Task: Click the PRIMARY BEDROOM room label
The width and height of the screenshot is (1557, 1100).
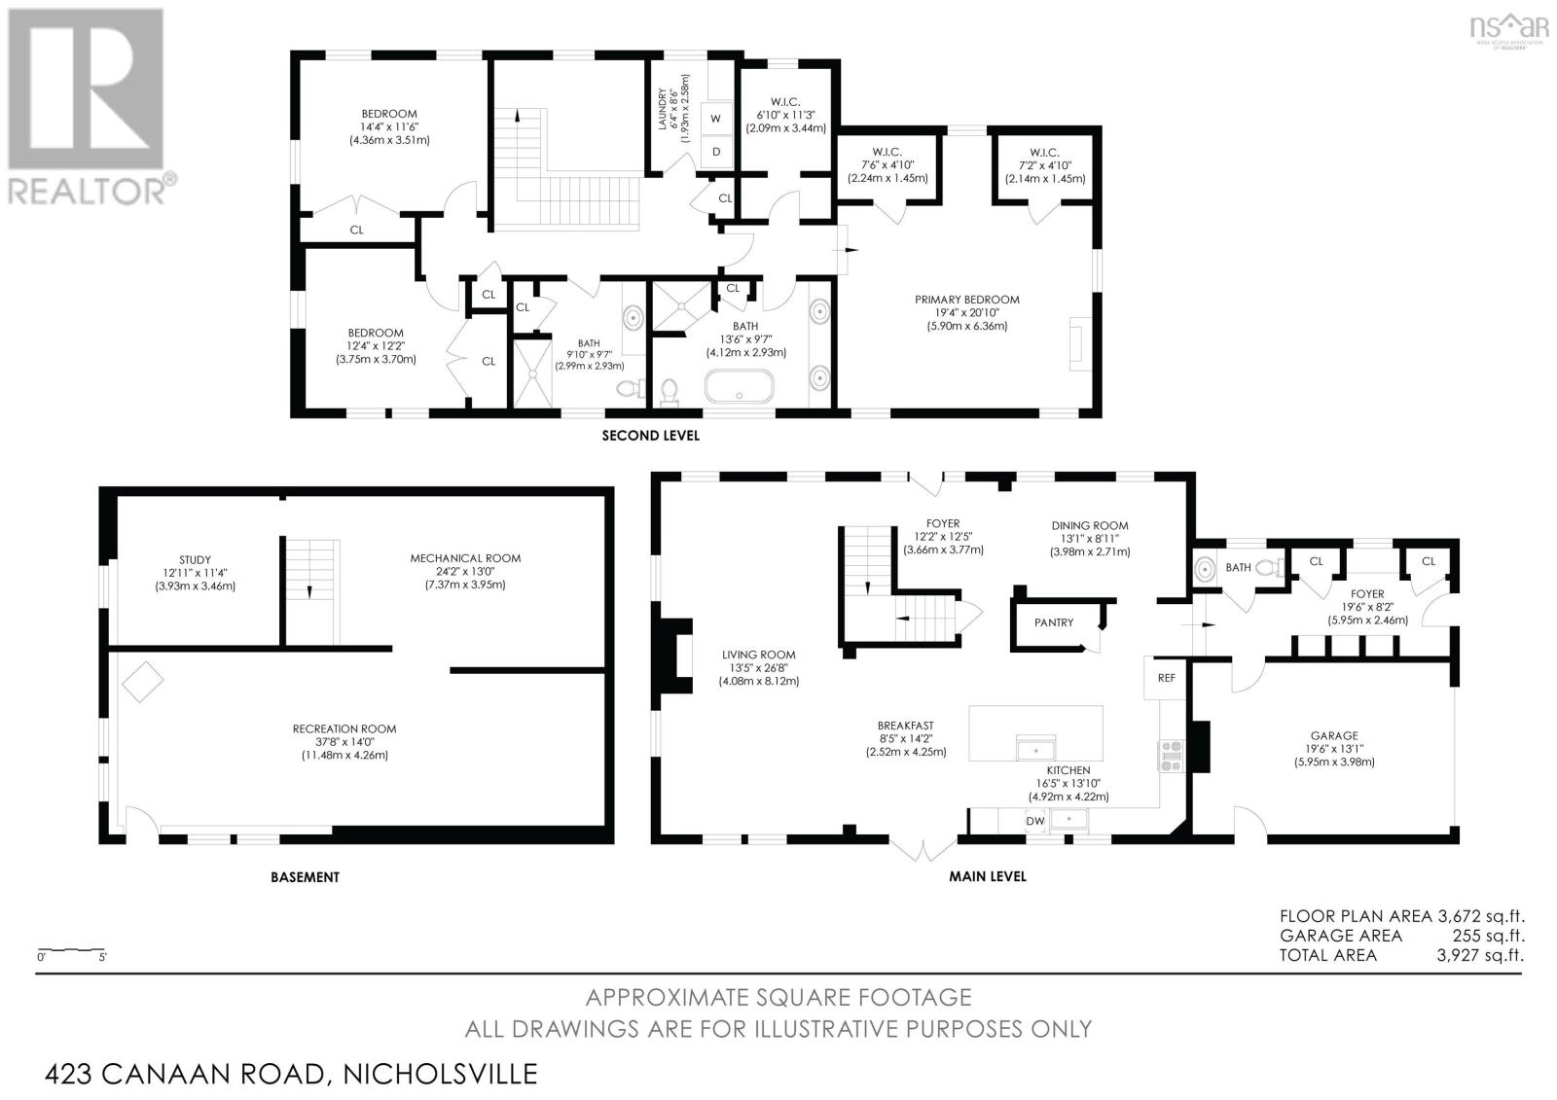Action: click(967, 300)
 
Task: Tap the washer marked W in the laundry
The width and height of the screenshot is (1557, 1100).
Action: click(716, 118)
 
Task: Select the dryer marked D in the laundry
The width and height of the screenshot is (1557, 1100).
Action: click(716, 152)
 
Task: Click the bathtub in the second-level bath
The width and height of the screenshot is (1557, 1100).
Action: click(739, 386)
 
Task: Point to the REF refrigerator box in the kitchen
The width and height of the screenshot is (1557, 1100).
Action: click(1167, 678)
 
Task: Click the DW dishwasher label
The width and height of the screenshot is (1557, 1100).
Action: click(1035, 821)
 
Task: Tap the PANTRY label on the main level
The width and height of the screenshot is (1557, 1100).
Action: click(1054, 622)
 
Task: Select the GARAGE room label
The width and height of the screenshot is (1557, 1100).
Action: click(1334, 735)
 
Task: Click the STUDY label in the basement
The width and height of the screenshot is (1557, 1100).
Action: click(195, 559)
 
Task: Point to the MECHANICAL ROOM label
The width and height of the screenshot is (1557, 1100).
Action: click(465, 558)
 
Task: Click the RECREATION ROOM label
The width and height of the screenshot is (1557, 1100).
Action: click(344, 728)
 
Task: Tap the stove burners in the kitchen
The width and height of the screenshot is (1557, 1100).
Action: click(1170, 756)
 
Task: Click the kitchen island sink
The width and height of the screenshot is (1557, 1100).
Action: click(1035, 748)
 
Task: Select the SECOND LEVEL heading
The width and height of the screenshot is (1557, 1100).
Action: click(651, 436)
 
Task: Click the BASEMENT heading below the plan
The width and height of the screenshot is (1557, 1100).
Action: click(306, 877)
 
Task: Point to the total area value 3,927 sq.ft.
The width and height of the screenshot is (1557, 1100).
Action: click(1480, 955)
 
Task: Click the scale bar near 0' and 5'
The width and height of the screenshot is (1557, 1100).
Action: click(71, 949)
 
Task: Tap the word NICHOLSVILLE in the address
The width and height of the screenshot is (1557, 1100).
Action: click(441, 1074)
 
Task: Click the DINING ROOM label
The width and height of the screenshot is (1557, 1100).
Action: click(1089, 526)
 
